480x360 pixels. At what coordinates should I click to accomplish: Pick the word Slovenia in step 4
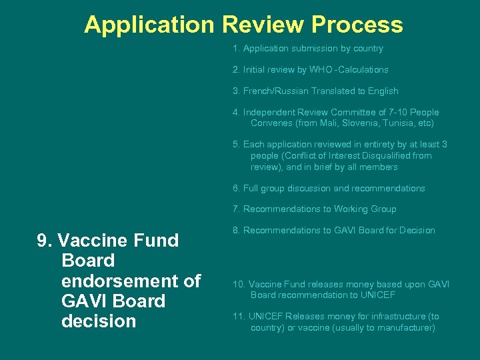pos(351,123)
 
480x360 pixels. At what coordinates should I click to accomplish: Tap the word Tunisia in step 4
pos(393,123)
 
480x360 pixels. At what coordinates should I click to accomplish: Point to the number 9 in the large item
pos(43,241)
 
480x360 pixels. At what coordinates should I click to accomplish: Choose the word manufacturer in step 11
pos(404,328)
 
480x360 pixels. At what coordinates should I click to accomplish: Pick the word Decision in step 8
pos(413,231)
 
